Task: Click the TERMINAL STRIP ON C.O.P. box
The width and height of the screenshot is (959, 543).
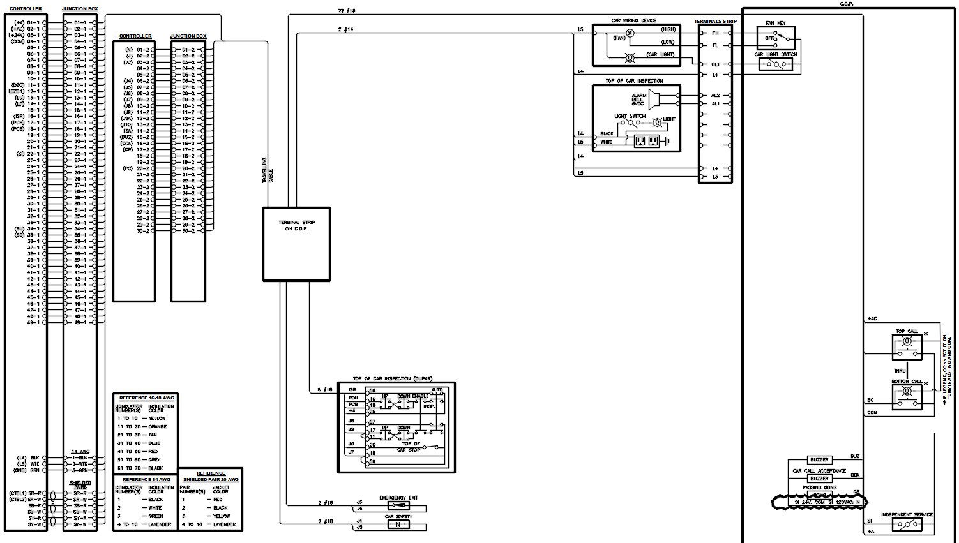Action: click(x=296, y=244)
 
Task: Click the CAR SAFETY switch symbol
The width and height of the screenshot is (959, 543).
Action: click(x=398, y=524)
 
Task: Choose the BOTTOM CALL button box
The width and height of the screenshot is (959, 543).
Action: click(x=907, y=397)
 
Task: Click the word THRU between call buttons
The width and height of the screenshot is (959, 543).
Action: click(x=900, y=371)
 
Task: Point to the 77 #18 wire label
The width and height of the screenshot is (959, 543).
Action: click(x=347, y=11)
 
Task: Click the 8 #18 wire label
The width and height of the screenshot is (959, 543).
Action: click(x=324, y=389)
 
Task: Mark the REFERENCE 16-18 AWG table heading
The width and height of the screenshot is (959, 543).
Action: click(x=146, y=398)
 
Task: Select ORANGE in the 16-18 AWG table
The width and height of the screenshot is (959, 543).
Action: click(x=158, y=426)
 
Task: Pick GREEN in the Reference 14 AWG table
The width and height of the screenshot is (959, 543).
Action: click(x=156, y=516)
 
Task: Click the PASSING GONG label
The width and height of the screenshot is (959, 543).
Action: click(x=820, y=487)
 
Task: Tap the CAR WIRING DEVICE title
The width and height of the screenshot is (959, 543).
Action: click(x=633, y=20)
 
